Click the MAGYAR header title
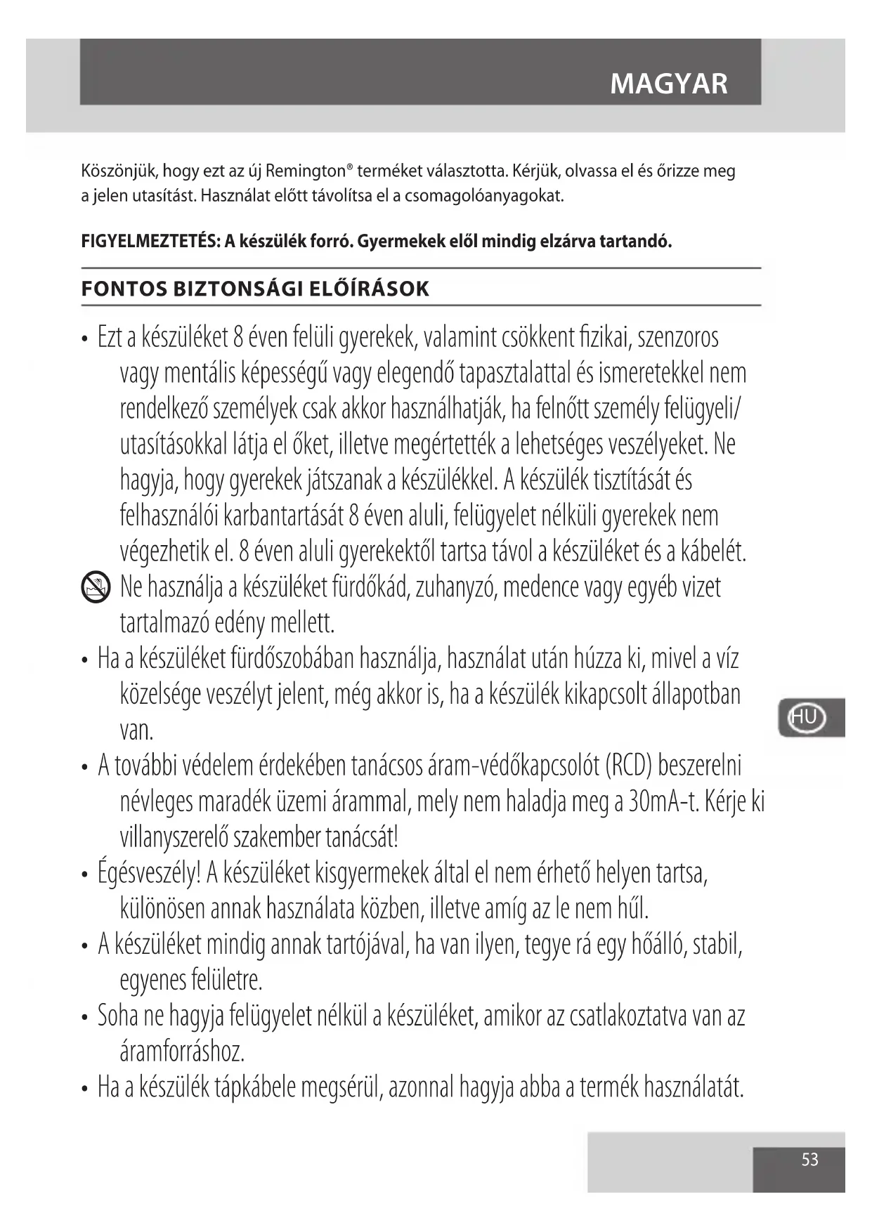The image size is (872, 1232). click(x=668, y=84)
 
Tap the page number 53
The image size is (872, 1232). click(x=809, y=1159)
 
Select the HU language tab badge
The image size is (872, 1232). click(x=805, y=717)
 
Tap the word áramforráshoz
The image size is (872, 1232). click(x=182, y=1051)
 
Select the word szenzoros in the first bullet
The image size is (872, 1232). click(x=678, y=337)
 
